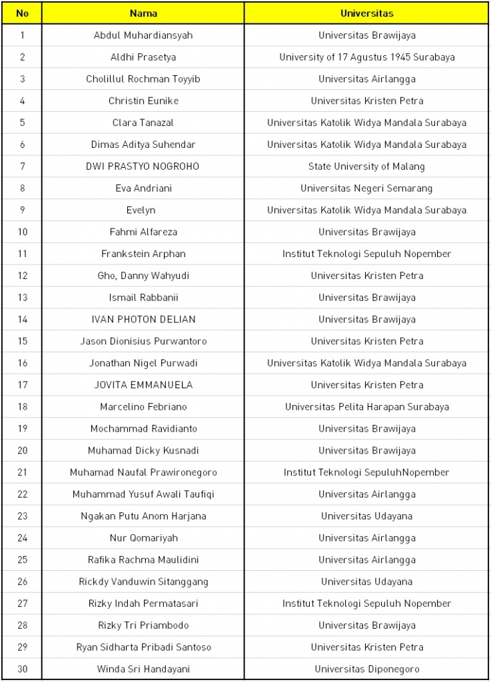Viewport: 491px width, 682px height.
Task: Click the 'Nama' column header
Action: pyautogui.click(x=143, y=13)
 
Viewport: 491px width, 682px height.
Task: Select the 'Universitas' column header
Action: pyautogui.click(x=366, y=13)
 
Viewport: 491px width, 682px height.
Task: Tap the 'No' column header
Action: pyautogui.click(x=22, y=13)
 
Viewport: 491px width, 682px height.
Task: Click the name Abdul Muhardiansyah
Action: pyautogui.click(x=143, y=35)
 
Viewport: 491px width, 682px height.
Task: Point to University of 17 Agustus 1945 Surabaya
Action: pyautogui.click(x=366, y=57)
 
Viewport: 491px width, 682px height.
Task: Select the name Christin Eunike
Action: pyautogui.click(x=143, y=101)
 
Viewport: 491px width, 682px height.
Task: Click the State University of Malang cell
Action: pyautogui.click(x=366, y=167)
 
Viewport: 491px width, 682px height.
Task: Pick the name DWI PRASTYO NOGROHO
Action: pyautogui.click(x=143, y=167)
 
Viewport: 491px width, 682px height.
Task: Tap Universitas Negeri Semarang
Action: pyautogui.click(x=366, y=188)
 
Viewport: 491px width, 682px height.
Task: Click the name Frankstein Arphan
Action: pyautogui.click(x=143, y=254)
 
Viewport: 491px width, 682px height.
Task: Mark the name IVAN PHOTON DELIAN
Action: pyautogui.click(x=143, y=320)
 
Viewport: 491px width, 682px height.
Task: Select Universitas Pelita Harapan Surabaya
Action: pyautogui.click(x=366, y=407)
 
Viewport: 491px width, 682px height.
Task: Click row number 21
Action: pyautogui.click(x=22, y=473)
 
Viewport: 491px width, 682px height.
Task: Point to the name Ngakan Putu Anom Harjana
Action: pyautogui.click(x=143, y=516)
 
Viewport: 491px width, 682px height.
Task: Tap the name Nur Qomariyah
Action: pyautogui.click(x=143, y=538)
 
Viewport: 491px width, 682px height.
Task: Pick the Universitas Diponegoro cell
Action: pyautogui.click(x=366, y=669)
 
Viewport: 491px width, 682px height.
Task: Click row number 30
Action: pyautogui.click(x=22, y=669)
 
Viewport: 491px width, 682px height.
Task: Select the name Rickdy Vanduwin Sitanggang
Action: pyautogui.click(x=143, y=582)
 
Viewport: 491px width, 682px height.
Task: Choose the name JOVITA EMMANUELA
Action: pyautogui.click(x=143, y=385)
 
